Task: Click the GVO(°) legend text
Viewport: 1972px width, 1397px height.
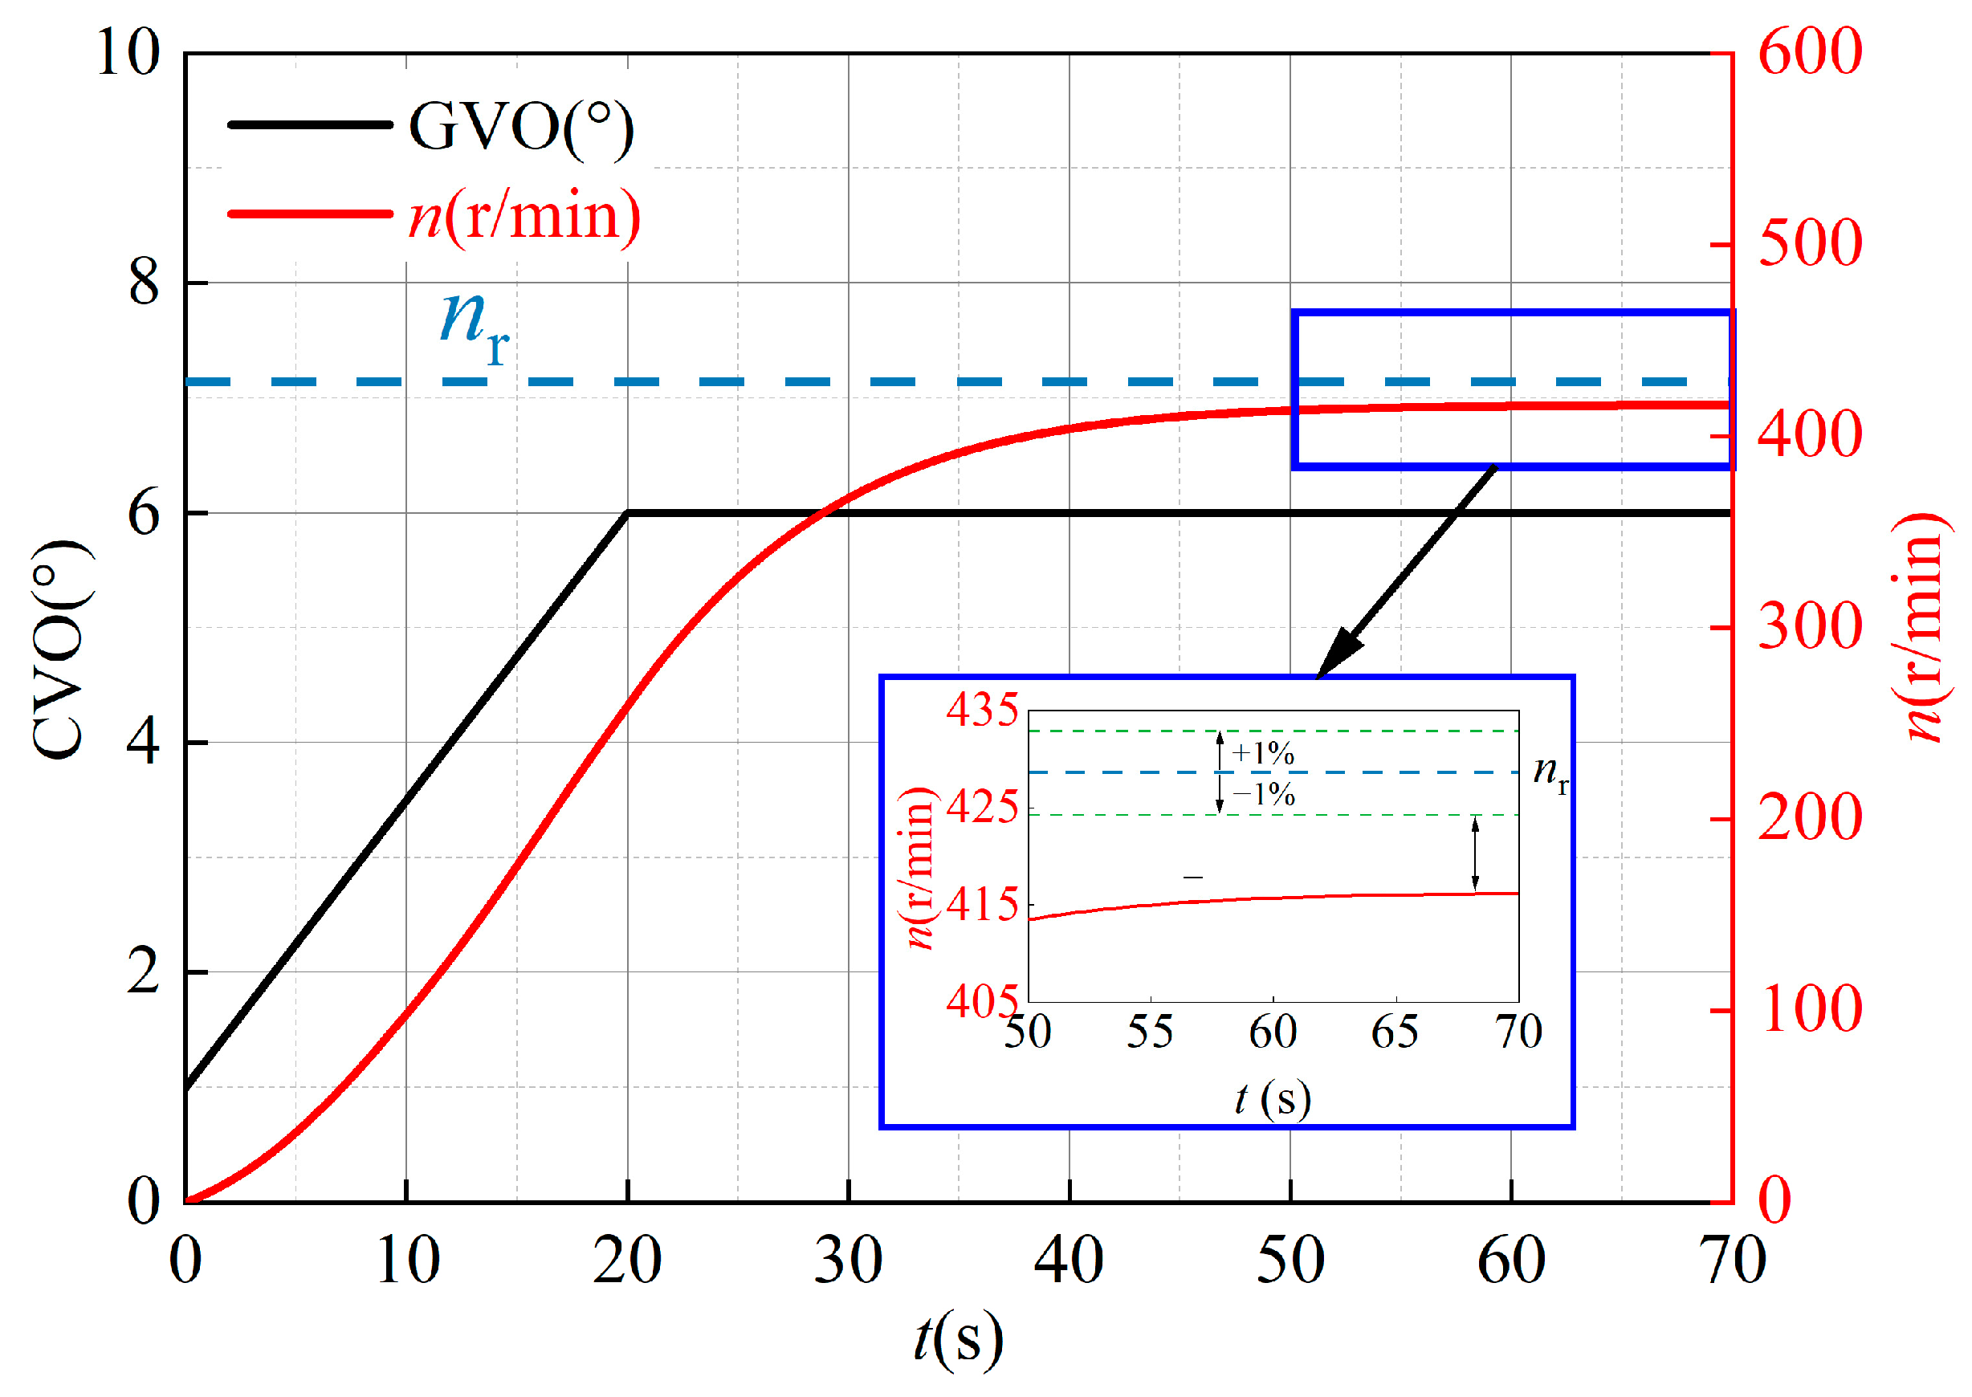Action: point(519,128)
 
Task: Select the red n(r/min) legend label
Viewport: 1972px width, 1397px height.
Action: point(524,216)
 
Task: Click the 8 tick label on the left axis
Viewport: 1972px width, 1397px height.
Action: point(144,282)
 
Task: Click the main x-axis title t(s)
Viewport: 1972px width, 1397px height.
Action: point(958,1338)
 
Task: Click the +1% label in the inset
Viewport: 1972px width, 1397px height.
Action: point(1262,754)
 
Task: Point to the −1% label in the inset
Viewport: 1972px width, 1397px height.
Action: point(1263,794)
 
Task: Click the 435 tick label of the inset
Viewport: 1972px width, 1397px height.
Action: point(982,711)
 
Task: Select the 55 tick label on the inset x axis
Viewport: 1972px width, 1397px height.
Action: point(1150,1032)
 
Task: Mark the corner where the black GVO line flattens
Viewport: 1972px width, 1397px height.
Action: point(628,513)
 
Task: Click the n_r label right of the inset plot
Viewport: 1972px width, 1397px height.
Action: point(1550,772)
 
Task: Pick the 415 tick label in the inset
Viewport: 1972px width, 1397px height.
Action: point(982,905)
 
